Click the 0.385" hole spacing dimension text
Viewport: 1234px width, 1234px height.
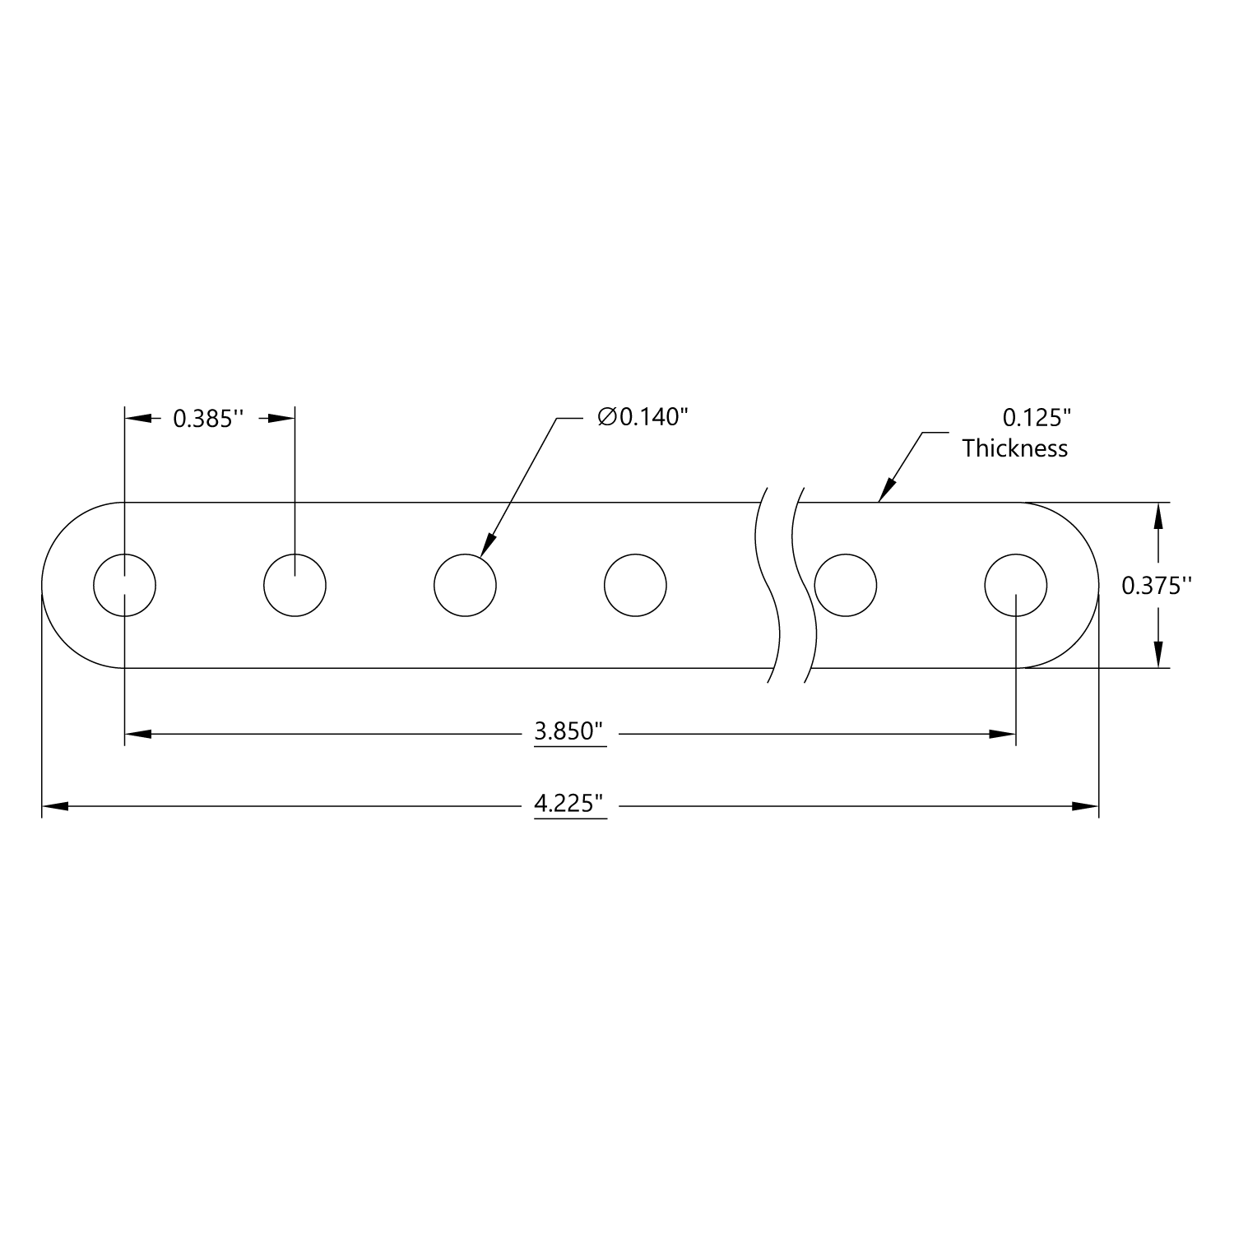(208, 419)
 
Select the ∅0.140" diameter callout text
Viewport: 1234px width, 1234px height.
(642, 418)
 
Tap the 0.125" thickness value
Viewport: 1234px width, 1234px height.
(1037, 418)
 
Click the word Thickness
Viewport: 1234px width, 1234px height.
(1015, 448)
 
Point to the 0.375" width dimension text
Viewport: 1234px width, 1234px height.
(1157, 585)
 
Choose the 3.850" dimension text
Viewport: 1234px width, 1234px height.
(569, 731)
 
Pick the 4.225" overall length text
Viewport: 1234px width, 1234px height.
(569, 803)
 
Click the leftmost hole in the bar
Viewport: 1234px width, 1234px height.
(124, 585)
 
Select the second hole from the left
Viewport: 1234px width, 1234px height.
(295, 585)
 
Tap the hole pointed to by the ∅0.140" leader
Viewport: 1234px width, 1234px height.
(465, 585)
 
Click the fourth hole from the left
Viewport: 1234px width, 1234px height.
(635, 585)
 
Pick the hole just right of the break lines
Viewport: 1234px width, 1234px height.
(846, 585)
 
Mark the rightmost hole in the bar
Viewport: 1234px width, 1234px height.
(1016, 585)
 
